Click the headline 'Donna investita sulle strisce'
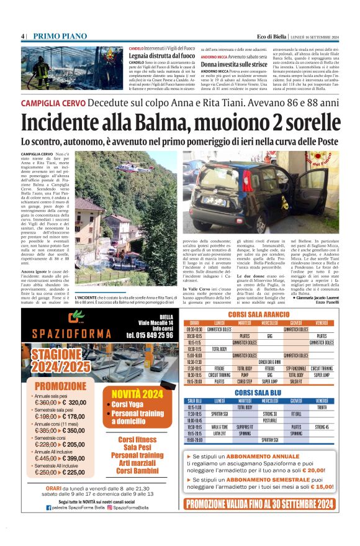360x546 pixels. click(235, 64)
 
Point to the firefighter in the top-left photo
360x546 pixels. click(42, 66)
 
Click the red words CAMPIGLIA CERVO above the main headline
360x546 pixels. click(50, 102)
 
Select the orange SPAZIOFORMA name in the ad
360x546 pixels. click(70, 342)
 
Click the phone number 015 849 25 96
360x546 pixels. click(149, 335)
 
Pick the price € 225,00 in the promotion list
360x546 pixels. click(72, 473)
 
